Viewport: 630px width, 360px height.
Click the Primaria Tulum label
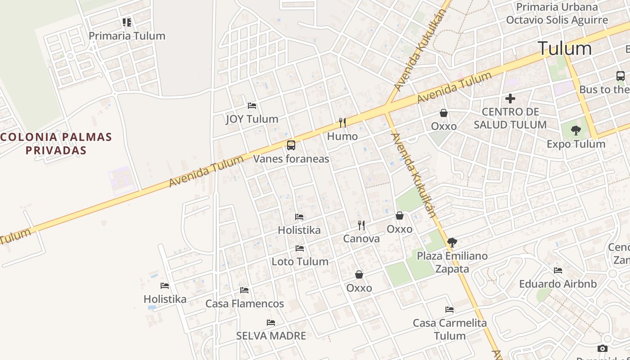(127, 36)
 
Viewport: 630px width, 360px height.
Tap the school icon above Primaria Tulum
(127, 22)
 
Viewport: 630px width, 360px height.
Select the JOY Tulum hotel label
(252, 119)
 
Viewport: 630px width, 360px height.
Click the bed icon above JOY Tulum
(252, 106)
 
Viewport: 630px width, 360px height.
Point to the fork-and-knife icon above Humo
(342, 122)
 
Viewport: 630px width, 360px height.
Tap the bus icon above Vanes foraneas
(291, 145)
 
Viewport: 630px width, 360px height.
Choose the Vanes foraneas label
(291, 159)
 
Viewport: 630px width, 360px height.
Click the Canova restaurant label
(361, 238)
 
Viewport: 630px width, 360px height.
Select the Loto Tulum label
(300, 261)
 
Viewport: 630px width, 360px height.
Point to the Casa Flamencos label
(244, 304)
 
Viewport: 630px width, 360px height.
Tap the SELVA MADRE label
(271, 336)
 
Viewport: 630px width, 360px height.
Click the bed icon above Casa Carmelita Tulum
(449, 310)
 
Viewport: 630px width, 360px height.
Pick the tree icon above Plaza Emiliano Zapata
(452, 243)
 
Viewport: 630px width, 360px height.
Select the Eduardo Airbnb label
(558, 284)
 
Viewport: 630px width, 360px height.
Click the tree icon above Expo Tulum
(576, 131)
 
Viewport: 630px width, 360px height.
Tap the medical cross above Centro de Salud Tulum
(510, 98)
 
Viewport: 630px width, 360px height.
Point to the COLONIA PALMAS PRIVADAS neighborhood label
(56, 144)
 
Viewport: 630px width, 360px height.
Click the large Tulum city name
(565, 49)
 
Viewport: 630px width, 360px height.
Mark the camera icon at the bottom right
(603, 349)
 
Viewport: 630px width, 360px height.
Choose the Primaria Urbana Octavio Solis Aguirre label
(557, 13)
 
